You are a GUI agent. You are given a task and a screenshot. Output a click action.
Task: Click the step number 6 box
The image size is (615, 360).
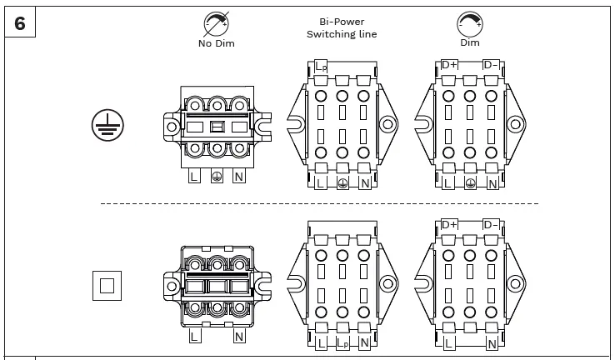[20, 23]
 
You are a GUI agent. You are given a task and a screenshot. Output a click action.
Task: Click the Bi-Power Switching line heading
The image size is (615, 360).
[342, 28]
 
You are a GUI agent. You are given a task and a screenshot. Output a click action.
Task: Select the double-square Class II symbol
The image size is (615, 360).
[107, 286]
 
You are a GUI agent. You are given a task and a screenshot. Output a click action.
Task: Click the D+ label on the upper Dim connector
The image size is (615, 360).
[449, 65]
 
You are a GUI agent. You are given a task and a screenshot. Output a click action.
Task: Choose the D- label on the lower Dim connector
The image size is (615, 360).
[491, 224]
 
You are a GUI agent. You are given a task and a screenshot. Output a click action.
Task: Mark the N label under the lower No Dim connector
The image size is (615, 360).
[239, 337]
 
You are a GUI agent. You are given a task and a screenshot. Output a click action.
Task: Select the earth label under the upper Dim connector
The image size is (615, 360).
[470, 183]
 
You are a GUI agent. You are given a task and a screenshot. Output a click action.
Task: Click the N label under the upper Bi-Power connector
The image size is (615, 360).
[364, 183]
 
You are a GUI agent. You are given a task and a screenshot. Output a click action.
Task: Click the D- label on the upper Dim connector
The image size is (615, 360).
[491, 65]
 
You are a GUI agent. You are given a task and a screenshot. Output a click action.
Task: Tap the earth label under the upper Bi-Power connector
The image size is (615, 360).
[342, 183]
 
